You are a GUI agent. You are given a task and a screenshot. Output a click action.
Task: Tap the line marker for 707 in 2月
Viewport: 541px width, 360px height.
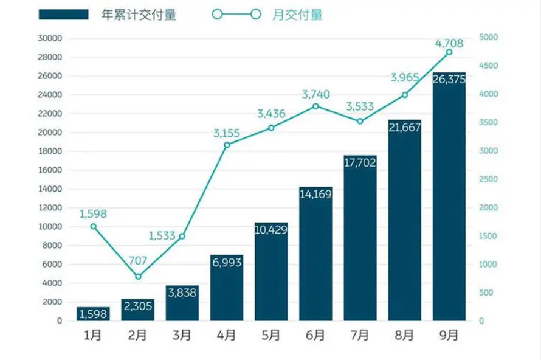click(138, 276)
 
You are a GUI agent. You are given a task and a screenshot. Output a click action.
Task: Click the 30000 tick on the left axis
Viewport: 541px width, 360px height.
click(51, 38)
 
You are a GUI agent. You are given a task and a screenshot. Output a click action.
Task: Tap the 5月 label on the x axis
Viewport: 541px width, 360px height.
click(271, 335)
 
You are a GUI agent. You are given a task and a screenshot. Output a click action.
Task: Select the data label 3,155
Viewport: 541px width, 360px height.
click(227, 133)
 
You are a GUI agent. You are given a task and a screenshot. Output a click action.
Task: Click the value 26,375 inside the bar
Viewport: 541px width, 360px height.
click(449, 80)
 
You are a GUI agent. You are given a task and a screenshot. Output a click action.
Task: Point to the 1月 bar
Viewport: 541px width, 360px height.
click(94, 314)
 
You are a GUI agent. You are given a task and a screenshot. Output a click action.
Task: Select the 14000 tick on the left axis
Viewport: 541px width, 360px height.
click(51, 189)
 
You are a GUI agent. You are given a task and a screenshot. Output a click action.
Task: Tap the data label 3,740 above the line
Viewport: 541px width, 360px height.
click(315, 94)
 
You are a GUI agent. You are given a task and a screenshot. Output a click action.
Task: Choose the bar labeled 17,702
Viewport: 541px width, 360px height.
click(360, 238)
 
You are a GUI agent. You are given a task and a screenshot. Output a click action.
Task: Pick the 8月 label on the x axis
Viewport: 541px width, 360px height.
click(404, 335)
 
